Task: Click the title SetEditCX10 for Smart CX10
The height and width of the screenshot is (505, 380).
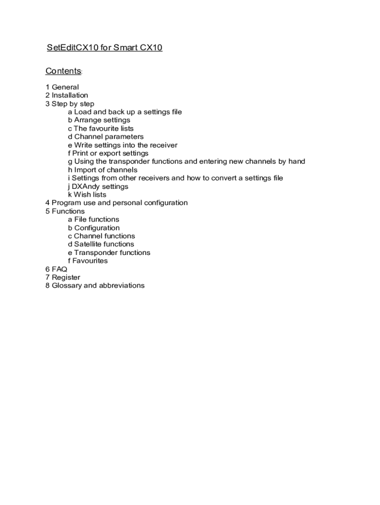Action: (104, 48)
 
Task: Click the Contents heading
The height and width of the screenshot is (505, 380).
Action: (63, 71)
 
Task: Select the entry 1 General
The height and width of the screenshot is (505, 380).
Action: (62, 87)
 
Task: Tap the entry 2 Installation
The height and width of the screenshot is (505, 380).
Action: (67, 95)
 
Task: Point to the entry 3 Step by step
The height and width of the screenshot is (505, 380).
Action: (70, 104)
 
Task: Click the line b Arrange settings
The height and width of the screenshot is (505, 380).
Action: (99, 120)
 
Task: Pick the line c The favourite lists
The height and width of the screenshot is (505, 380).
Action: (101, 128)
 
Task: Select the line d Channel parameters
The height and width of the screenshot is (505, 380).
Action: (106, 137)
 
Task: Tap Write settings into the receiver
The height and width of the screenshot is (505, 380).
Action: (122, 145)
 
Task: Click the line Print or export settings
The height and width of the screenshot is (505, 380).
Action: (108, 153)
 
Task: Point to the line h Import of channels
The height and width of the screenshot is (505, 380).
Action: (103, 170)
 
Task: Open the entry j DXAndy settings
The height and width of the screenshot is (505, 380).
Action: (98, 186)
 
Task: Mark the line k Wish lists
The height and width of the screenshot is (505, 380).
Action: (87, 194)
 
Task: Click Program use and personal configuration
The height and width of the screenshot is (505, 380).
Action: (116, 203)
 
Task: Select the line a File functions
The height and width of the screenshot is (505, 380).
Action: (93, 219)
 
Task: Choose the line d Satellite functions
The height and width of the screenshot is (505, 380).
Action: (101, 244)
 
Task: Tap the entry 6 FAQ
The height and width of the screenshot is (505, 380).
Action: (56, 269)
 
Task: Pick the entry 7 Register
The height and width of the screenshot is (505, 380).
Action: (63, 277)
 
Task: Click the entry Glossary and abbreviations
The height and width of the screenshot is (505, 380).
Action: (95, 286)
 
